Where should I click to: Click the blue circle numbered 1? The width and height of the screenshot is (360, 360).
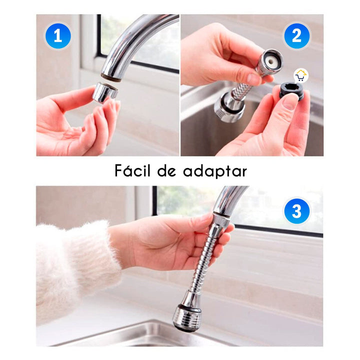point(57,36)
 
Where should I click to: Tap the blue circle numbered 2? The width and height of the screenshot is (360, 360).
point(296,36)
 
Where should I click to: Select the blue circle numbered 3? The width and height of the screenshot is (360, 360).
point(296,211)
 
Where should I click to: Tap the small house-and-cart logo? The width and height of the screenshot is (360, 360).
point(301,76)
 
